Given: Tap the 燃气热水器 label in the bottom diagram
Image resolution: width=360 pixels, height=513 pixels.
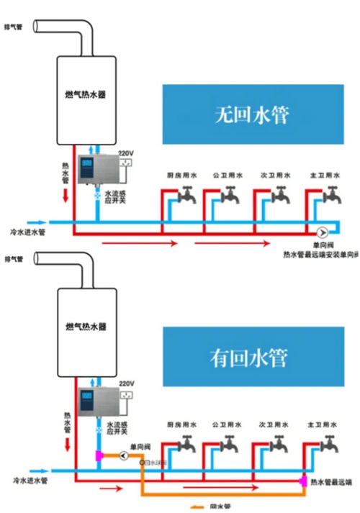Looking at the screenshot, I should pyautogui.click(x=86, y=327).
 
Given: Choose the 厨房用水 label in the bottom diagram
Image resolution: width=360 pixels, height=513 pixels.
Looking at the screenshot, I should pyautogui.click(x=180, y=425).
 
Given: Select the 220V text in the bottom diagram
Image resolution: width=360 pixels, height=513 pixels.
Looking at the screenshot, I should pyautogui.click(x=126, y=384).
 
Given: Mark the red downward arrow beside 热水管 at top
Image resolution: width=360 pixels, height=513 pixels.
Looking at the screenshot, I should pyautogui.click(x=66, y=196).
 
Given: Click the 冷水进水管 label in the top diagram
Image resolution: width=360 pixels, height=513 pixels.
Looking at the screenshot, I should pyautogui.click(x=29, y=232).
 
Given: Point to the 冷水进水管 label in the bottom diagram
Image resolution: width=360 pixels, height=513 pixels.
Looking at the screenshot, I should pyautogui.click(x=29, y=479).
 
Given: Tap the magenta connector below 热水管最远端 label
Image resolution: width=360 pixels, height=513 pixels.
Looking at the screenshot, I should pyautogui.click(x=303, y=480).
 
